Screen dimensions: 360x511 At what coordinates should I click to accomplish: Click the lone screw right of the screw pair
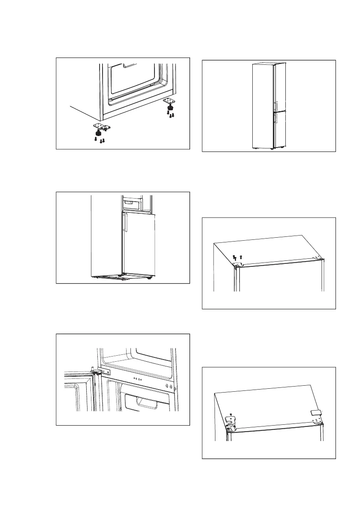[241, 256]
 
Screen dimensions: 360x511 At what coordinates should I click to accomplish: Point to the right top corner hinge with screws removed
[318, 258]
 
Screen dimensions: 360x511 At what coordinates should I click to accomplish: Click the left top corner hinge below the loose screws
[236, 264]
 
